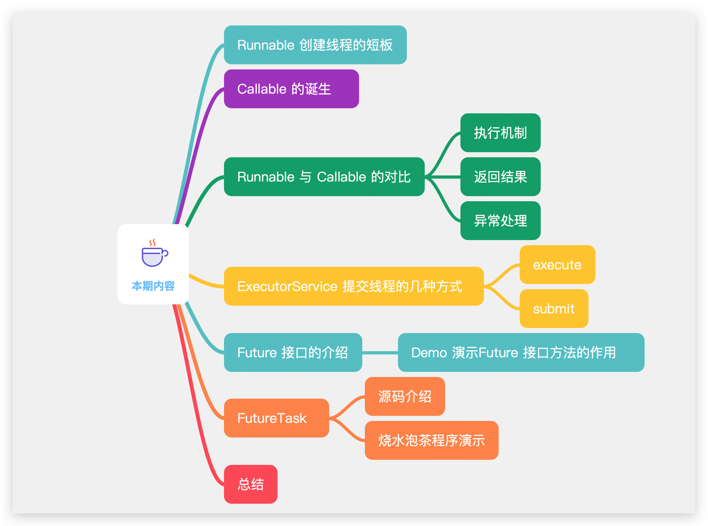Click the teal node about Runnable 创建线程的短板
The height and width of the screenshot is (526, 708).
[315, 45]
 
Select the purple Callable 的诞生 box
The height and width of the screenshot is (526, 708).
[291, 89]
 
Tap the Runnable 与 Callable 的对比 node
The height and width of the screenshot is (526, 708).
[324, 177]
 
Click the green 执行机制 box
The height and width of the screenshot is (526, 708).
[500, 133]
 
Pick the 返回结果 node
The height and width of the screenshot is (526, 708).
[500, 177]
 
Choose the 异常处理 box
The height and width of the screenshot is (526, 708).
[500, 221]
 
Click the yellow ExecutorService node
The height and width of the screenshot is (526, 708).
[353, 286]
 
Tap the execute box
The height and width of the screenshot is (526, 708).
[557, 265]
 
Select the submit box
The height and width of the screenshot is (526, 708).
[553, 309]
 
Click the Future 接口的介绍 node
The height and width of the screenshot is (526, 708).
[293, 352]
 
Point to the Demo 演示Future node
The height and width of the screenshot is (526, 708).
[521, 352]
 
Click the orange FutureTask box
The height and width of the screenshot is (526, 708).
[276, 418]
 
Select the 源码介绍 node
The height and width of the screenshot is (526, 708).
[404, 396]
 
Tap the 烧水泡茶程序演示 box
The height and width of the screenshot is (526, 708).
[431, 440]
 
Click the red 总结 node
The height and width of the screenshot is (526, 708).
[250, 484]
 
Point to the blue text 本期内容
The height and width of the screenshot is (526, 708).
[153, 286]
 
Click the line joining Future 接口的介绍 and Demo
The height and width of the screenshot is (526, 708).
[380, 352]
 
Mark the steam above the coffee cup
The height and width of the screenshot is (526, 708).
[153, 243]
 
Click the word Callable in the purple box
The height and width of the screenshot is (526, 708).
[262, 89]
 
